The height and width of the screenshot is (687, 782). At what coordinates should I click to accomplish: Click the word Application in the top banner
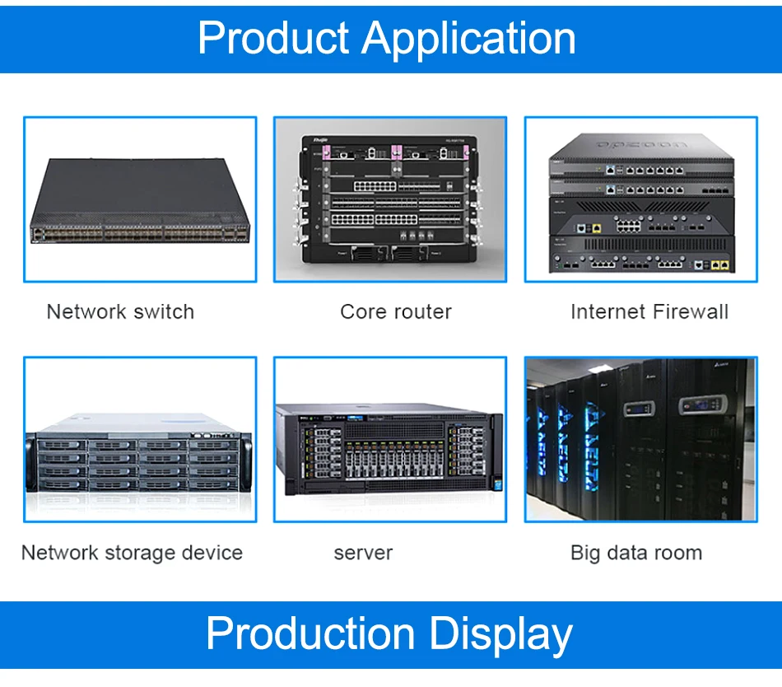[x=469, y=39]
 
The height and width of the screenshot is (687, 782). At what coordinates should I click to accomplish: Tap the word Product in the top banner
[x=273, y=39]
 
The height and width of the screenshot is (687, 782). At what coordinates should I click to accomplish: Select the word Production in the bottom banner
[x=311, y=634]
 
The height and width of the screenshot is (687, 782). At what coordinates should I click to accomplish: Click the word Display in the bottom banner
[x=501, y=634]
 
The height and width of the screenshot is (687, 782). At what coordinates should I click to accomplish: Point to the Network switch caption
[x=120, y=312]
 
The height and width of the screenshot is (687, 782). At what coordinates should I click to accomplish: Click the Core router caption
[x=396, y=312]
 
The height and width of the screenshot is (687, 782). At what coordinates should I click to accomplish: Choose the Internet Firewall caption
[x=649, y=312]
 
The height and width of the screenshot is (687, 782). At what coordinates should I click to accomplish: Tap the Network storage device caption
[x=132, y=553]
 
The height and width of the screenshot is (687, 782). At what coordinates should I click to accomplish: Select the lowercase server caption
[x=363, y=553]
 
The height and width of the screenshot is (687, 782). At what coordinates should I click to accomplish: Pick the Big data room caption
[x=636, y=553]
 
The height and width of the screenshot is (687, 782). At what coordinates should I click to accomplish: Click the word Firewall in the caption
[x=690, y=312]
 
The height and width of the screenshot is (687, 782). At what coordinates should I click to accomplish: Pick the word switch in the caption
[x=164, y=312]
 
